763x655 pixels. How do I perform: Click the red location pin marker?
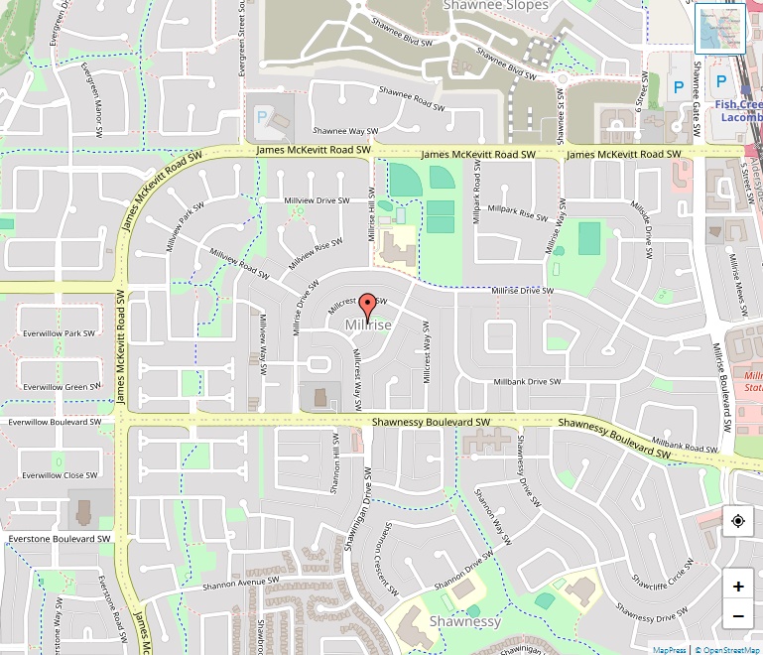tap(368, 306)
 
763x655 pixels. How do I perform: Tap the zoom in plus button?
tap(738, 587)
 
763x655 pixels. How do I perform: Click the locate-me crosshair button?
tap(738, 521)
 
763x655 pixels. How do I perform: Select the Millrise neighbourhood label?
tap(368, 326)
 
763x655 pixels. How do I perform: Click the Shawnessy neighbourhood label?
tap(465, 621)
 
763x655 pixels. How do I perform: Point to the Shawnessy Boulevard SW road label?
tap(432, 422)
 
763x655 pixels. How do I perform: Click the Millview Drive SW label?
tap(318, 200)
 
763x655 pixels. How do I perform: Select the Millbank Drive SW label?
tap(528, 381)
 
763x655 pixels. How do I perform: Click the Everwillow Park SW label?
tap(61, 333)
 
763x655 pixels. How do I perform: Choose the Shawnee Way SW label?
tap(345, 130)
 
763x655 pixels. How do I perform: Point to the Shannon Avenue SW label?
tap(241, 585)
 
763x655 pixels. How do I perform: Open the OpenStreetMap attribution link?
tap(727, 650)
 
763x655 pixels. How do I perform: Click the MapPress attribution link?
tap(669, 650)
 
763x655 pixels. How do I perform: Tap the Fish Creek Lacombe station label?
tap(738, 110)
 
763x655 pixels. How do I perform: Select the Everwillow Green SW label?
tap(61, 386)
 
